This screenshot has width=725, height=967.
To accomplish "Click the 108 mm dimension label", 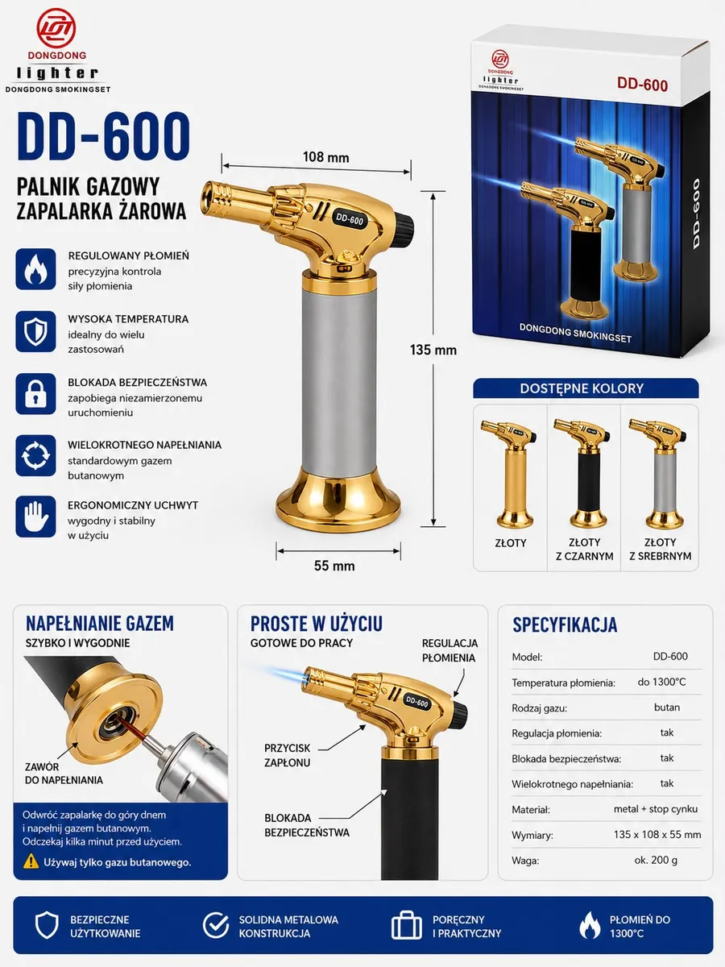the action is (325, 157).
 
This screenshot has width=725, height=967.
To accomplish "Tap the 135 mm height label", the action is (433, 351).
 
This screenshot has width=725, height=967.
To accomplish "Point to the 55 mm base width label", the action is (334, 566).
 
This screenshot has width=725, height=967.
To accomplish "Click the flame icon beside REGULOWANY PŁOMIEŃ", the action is (35, 268).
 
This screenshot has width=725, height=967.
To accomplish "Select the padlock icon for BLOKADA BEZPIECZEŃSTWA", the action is (35, 394).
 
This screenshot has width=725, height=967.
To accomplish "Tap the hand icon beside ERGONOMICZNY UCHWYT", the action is (35, 517).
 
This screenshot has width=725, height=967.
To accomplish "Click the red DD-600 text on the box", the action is (642, 84).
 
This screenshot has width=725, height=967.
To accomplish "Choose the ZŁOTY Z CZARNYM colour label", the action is (585, 550).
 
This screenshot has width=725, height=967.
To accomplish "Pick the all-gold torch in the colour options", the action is (509, 474).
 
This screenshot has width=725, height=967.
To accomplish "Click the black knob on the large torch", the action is (405, 226).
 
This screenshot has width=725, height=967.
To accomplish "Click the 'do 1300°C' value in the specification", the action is (661, 682).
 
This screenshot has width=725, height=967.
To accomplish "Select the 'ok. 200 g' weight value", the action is (656, 860).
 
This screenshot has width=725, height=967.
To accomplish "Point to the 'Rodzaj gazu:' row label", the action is (539, 708).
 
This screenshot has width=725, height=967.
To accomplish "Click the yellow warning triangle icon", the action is (31, 861).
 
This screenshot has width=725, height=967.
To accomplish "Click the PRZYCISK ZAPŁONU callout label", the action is (287, 755).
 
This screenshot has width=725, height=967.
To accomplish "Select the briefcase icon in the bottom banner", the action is (406, 925).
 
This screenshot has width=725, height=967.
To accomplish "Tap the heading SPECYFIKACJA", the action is (565, 625).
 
